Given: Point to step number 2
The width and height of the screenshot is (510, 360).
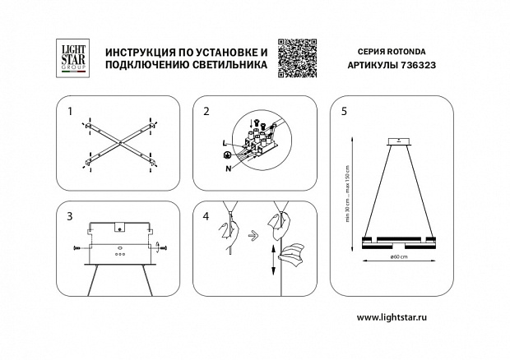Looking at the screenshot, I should coord(206,110).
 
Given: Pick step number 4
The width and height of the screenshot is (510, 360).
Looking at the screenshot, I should coord(206,216).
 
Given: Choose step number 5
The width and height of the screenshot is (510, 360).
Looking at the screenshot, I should coord(344,110).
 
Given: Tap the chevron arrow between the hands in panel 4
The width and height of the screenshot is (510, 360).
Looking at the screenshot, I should coord(255,233).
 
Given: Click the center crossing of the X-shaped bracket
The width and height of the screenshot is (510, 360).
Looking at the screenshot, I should coord(118,145).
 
